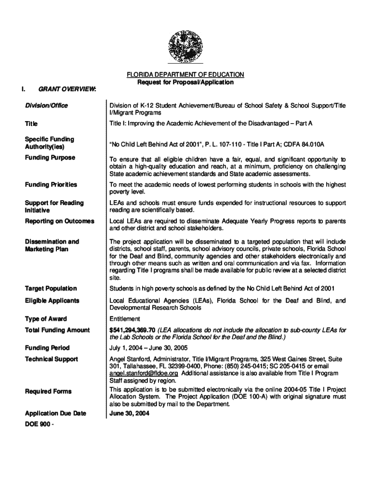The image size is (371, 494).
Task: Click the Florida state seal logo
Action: (x=185, y=46)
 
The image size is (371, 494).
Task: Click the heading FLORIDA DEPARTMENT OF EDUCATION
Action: (x=185, y=75)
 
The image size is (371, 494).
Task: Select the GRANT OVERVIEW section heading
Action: (x=67, y=89)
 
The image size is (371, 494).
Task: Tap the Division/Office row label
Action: (x=47, y=106)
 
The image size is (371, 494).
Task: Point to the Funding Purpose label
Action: (x=50, y=158)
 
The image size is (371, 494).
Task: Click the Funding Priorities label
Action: (x=51, y=185)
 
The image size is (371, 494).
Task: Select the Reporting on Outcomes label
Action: (x=60, y=221)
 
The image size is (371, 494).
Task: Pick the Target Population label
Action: (x=51, y=288)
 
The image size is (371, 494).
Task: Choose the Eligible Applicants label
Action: (x=53, y=301)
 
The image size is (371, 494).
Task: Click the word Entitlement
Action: (x=125, y=319)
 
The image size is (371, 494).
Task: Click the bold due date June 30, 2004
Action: (x=130, y=414)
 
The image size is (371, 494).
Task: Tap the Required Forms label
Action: (x=48, y=391)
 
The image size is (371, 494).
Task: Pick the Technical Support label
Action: (x=52, y=359)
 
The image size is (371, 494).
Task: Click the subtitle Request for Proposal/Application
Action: (x=185, y=82)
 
